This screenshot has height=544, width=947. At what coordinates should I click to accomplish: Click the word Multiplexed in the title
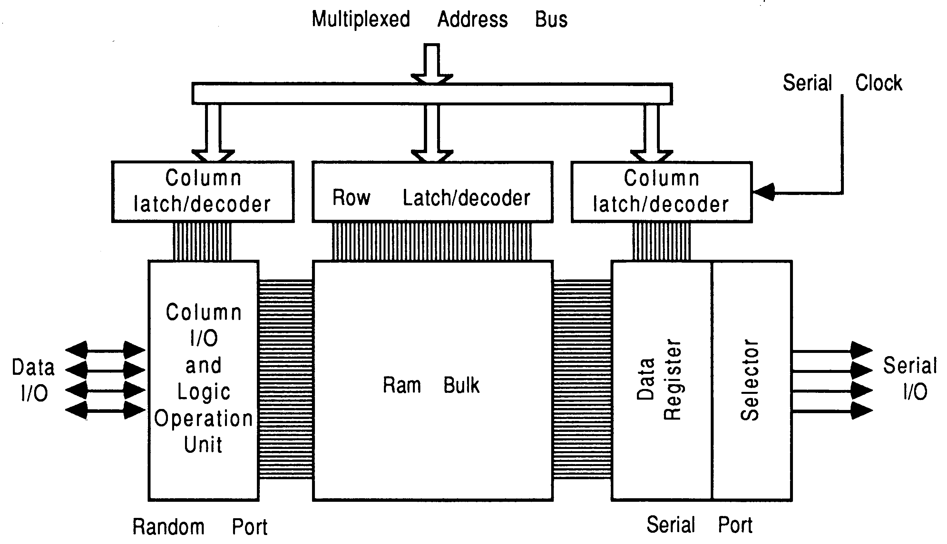pos(361,19)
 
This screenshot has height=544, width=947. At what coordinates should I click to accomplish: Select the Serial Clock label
pos(842,83)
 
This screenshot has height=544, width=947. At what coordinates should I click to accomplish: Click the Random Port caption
pos(200,527)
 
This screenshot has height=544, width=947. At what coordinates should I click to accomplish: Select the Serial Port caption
pos(699,525)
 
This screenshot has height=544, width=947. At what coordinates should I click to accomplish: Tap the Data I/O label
pos(34,380)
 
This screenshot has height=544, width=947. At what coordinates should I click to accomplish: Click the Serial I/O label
pos(910,378)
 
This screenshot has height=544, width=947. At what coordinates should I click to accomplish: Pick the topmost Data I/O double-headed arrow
pos(105,350)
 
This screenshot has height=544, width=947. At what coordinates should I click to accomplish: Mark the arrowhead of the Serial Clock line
pos(763,192)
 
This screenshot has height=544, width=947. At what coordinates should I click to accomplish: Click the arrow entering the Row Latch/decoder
pos(432,134)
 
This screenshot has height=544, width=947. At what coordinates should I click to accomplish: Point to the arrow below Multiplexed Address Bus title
pos(432,63)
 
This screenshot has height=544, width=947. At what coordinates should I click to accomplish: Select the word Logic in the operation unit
pos(204,392)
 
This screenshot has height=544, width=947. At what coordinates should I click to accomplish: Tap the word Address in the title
pos(473,19)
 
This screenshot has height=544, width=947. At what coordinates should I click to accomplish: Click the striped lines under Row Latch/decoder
pos(432,241)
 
